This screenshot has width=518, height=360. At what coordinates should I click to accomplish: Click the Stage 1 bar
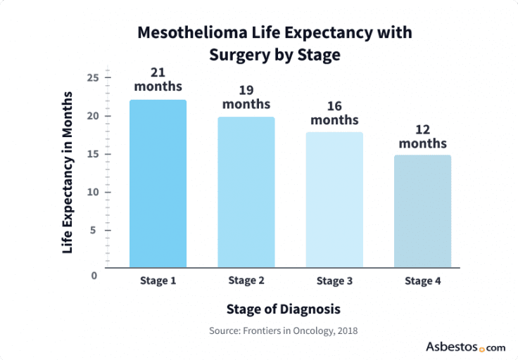tap(158, 184)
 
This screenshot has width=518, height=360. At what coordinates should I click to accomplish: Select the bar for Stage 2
tap(246, 192)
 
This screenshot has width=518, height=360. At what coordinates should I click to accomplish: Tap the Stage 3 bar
tap(334, 200)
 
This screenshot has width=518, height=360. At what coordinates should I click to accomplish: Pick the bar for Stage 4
tap(422, 211)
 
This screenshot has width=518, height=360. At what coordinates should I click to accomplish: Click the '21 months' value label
tap(158, 79)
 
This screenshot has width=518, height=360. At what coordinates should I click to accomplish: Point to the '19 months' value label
tap(246, 96)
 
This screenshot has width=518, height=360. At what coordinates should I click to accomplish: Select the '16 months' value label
tap(334, 112)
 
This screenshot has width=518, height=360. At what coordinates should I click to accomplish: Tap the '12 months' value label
tap(422, 136)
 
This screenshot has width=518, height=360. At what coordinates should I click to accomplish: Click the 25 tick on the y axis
tap(93, 77)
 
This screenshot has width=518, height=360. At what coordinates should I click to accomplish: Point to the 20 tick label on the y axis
tap(93, 116)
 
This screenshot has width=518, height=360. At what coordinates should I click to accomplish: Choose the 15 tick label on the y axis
tap(93, 154)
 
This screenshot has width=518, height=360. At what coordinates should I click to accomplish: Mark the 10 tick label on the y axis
tap(93, 192)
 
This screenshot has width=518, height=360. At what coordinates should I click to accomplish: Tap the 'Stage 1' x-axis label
tap(158, 281)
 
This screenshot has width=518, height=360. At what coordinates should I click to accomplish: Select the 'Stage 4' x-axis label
tap(422, 281)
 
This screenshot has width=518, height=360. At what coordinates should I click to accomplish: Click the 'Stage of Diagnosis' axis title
tap(283, 309)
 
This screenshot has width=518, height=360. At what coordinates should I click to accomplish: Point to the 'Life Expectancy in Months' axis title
tap(68, 172)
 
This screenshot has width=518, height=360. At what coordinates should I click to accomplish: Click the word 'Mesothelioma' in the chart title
tap(182, 33)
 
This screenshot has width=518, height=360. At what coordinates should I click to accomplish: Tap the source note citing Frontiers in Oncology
tap(283, 330)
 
